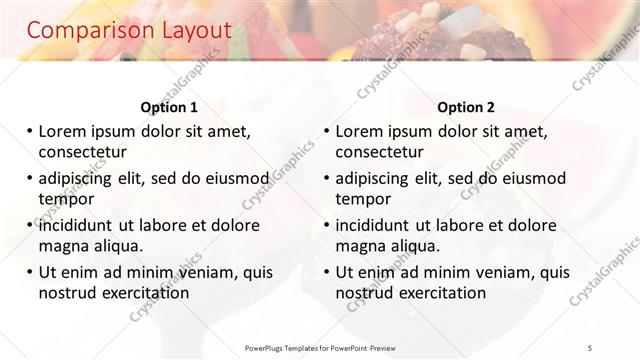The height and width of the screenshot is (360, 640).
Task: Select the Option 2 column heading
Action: click(465, 107)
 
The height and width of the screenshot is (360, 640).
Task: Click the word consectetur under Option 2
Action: click(380, 152)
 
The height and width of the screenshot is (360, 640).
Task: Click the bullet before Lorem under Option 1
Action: click(30, 131)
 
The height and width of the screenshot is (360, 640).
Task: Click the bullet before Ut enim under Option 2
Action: click(327, 271)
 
